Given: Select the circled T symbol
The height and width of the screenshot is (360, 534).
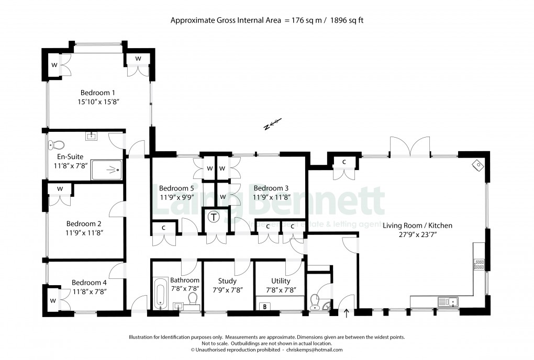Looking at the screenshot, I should pos(214,217).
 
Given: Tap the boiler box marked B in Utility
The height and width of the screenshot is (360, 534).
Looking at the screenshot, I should pos(265,306).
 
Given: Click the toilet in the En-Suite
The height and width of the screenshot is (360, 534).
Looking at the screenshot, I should pos(55,144).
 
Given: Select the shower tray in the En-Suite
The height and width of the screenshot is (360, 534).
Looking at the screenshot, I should pos(107,170).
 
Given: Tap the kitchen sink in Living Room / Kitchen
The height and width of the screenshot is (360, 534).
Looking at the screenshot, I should pos(448,301).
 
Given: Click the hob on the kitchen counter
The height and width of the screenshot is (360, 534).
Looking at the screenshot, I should pos(479,264).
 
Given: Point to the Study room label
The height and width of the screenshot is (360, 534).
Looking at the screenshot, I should pos(227,281).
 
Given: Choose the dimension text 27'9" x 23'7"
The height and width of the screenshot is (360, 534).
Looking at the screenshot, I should pos(417,235).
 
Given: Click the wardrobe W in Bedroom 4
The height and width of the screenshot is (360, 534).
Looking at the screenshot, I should pos(53,300).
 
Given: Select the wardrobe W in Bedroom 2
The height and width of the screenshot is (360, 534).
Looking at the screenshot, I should pos(60,189).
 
